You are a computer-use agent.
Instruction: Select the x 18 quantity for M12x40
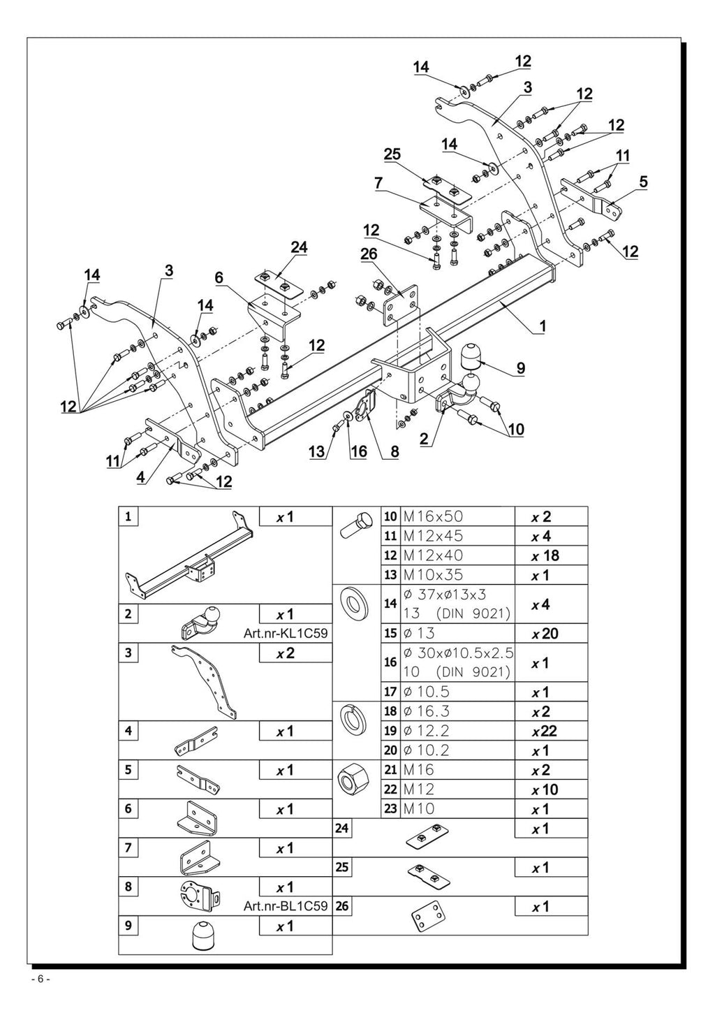545,555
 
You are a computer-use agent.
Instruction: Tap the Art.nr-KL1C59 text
286,634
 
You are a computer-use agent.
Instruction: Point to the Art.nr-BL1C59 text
286,905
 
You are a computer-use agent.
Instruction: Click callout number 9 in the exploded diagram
521,368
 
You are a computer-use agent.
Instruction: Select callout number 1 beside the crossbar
543,326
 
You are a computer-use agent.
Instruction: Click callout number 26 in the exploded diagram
369,254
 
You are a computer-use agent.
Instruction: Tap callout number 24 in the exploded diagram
299,247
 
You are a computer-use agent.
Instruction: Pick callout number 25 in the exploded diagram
392,154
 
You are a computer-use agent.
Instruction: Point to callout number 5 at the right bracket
643,182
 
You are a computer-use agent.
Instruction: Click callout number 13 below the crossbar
317,451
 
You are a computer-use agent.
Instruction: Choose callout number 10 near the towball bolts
517,429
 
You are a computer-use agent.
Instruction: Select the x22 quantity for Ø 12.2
545,731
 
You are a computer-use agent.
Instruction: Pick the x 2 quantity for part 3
286,653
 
